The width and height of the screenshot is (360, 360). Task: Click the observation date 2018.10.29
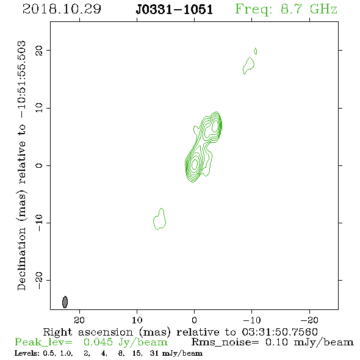click(62, 9)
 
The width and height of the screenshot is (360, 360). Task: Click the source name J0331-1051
click(175, 9)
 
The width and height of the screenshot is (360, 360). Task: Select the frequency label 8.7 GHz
click(309, 9)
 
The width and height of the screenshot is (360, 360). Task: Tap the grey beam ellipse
click(65, 302)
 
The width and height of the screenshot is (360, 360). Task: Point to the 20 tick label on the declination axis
click(39, 51)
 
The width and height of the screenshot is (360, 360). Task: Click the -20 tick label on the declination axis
click(39, 281)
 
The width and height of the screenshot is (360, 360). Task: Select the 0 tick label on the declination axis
click(39, 165)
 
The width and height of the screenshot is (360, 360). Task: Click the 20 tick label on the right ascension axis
click(79, 320)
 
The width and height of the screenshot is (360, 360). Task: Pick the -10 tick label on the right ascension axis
click(252, 320)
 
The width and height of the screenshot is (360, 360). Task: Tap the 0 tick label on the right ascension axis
click(194, 320)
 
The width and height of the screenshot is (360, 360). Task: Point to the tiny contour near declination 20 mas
click(256, 51)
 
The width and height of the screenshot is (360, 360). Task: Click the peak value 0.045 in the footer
click(98, 342)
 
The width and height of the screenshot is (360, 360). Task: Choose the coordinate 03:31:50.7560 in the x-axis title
click(280, 332)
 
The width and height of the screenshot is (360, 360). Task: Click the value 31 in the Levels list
click(154, 353)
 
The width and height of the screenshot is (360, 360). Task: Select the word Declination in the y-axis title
click(21, 259)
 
